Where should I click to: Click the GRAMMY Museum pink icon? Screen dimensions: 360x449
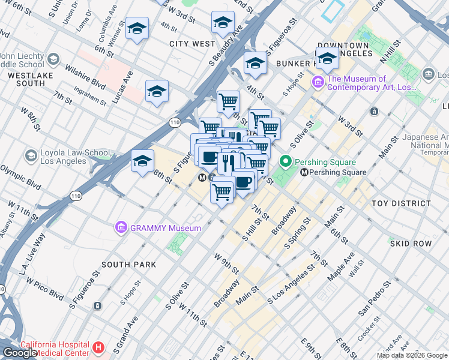tap(121, 227)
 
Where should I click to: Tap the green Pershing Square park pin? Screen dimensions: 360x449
tap(286, 161)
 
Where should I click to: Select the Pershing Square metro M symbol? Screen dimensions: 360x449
tap(304, 172)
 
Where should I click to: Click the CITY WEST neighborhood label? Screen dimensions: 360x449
tap(191, 44)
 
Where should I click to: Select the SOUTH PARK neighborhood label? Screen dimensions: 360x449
tap(128, 265)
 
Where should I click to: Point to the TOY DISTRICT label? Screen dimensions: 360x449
tap(402, 203)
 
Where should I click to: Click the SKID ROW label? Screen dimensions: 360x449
tap(411, 244)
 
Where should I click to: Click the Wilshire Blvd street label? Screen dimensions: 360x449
tap(85, 77)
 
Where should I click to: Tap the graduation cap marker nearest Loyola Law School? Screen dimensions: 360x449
tap(142, 161)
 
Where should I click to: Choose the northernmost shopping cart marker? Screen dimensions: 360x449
tap(228, 101)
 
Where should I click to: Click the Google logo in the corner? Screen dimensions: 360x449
tap(20, 353)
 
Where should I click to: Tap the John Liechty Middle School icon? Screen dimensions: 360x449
tap(53, 59)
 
